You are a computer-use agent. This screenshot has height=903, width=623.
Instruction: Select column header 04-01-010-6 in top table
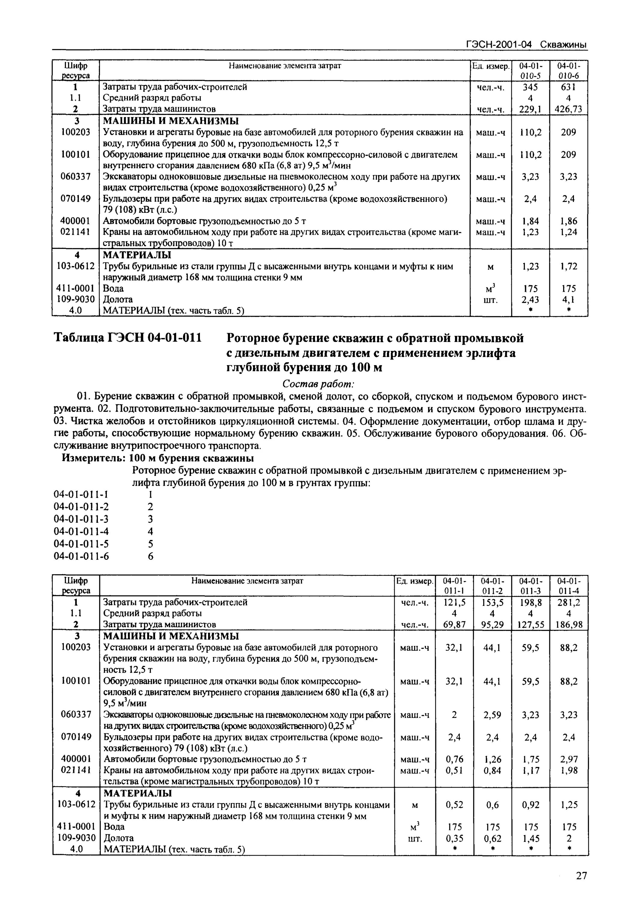[x=568, y=71]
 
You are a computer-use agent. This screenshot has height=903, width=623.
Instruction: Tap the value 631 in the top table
[x=568, y=87]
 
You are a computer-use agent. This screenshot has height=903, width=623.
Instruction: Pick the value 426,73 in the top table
[x=568, y=109]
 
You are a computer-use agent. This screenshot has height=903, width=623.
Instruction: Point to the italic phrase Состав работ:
[x=318, y=384]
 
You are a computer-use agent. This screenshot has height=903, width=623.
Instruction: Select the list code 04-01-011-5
[x=81, y=544]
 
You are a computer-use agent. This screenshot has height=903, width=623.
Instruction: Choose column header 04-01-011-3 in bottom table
[x=531, y=586]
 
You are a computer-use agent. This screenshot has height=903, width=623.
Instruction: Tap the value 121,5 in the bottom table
[x=454, y=602]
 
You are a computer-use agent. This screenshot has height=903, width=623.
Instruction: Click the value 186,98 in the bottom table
[x=568, y=624]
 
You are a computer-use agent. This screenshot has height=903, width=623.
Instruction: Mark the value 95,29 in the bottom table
[x=492, y=624]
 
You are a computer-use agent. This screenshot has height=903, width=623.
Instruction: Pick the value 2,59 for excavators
[x=492, y=715]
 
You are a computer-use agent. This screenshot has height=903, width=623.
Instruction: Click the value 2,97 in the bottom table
[x=568, y=759]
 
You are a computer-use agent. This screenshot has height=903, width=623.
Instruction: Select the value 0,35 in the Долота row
[x=454, y=838]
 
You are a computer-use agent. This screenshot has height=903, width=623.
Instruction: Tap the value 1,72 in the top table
[x=568, y=266]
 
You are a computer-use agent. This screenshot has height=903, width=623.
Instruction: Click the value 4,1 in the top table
[x=568, y=299]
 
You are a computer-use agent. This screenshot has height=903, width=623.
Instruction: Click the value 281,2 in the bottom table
[x=568, y=602]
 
